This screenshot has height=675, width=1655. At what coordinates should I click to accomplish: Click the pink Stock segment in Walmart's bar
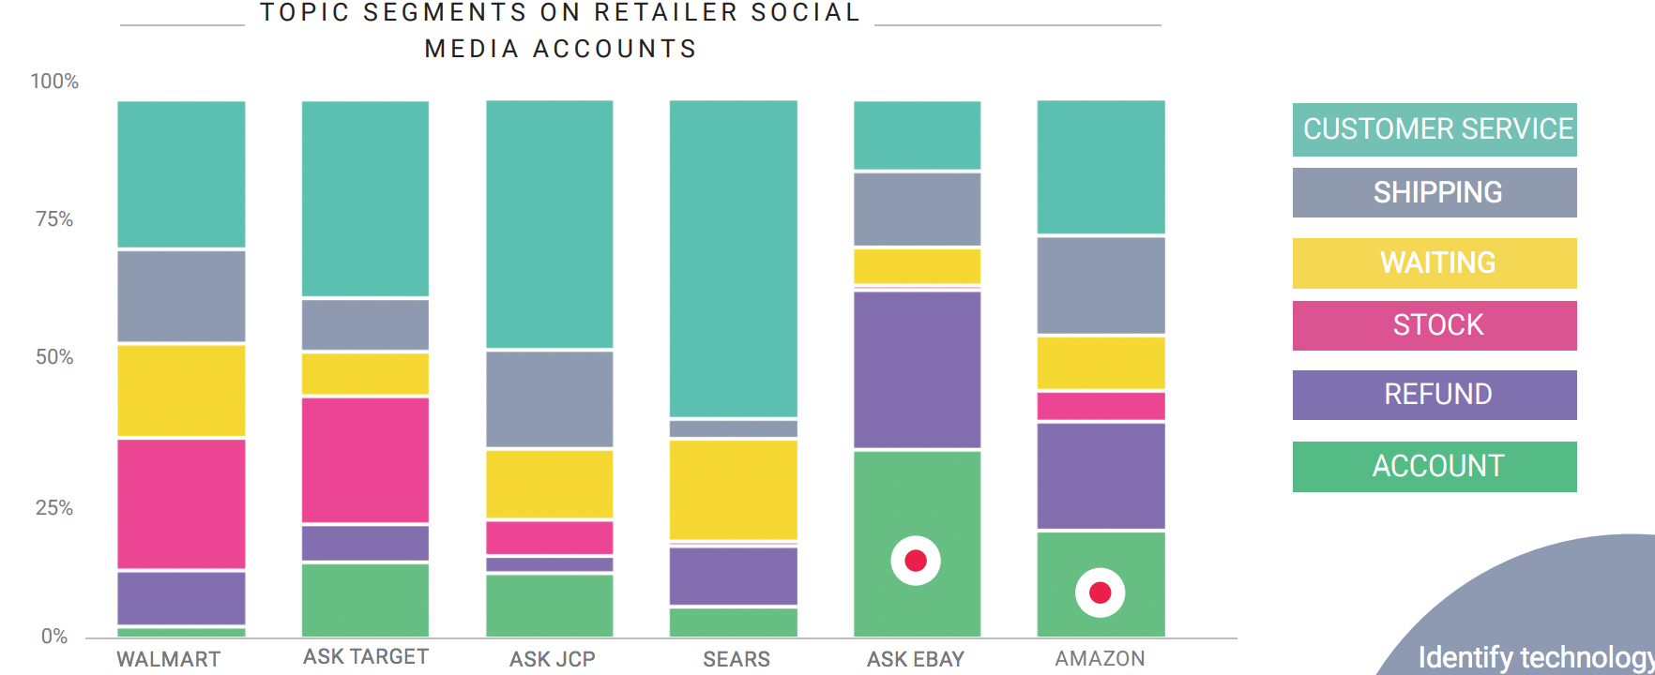pyautogui.click(x=181, y=503)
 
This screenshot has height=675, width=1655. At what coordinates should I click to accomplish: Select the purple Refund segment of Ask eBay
pyautogui.click(x=917, y=369)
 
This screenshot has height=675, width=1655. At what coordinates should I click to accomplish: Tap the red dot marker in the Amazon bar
pyautogui.click(x=1100, y=592)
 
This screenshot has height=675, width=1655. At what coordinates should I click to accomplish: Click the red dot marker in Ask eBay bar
pyautogui.click(x=916, y=561)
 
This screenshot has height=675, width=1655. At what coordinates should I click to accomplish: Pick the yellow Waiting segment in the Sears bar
pyautogui.click(x=733, y=489)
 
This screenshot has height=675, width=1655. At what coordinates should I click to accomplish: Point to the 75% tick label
pyautogui.click(x=54, y=219)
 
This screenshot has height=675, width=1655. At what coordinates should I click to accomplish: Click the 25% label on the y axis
pyautogui.click(x=54, y=508)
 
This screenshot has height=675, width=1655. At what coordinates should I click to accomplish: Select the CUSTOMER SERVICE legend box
pyautogui.click(x=1435, y=129)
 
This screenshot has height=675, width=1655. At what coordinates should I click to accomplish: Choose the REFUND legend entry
pyautogui.click(x=1435, y=395)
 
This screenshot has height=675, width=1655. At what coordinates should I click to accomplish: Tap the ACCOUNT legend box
pyautogui.click(x=1435, y=466)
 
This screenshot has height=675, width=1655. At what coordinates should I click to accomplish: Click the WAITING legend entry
pyautogui.click(x=1435, y=262)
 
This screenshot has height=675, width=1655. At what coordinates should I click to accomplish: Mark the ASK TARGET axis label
pyautogui.click(x=366, y=657)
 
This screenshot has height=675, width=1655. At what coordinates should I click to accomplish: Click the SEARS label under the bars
pyautogui.click(x=736, y=659)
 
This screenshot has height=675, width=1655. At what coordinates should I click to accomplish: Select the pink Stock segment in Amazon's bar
pyautogui.click(x=1101, y=406)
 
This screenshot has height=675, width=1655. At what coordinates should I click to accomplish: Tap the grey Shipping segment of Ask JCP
pyautogui.click(x=550, y=398)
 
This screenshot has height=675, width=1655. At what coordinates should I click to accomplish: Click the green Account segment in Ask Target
pyautogui.click(x=365, y=600)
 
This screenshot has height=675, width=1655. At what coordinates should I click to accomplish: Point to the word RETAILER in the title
pyautogui.click(x=666, y=13)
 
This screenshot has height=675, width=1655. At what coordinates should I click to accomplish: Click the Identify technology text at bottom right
pyautogui.click(x=1535, y=657)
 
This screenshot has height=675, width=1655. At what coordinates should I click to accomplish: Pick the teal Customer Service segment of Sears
pyautogui.click(x=733, y=258)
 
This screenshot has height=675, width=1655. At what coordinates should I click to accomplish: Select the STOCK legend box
pyautogui.click(x=1435, y=325)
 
